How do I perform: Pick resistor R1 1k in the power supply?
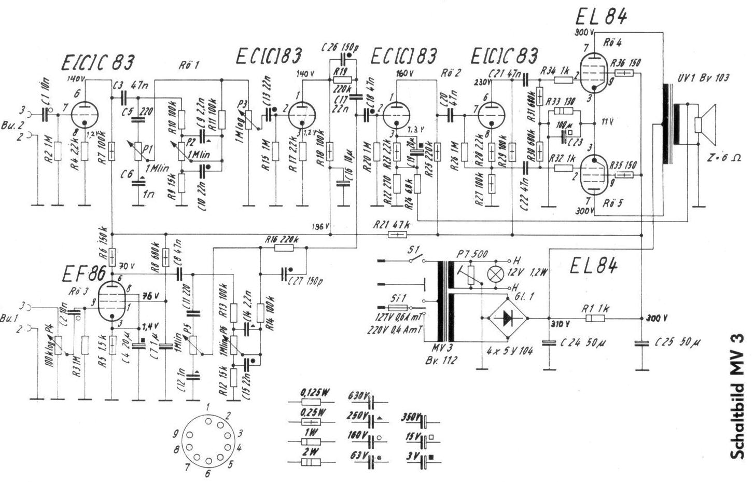click(596, 318)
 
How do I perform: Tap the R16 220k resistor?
click(283, 248)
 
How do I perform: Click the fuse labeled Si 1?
click(399, 301)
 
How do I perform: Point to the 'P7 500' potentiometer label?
click(473, 254)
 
